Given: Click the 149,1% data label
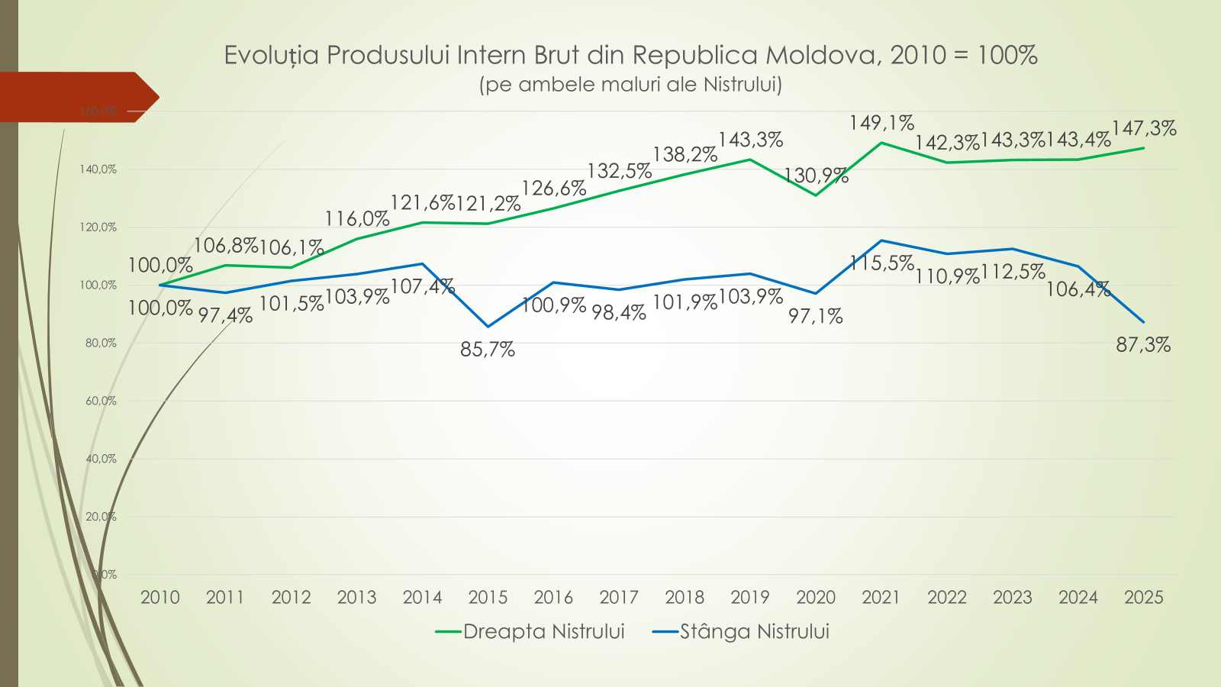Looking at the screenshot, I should tap(881, 123).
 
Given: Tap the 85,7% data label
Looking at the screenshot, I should tap(488, 350).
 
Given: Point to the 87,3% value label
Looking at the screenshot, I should tap(1143, 345).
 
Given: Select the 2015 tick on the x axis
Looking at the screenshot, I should tap(488, 598).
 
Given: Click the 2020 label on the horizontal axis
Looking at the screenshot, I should tap(816, 598).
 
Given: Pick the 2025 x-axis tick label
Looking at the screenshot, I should tap(1143, 598).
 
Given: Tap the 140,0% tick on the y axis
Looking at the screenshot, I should tap(98, 169).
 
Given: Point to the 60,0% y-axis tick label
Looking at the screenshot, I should tap(101, 401).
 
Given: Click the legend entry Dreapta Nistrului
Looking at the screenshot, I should tap(543, 632).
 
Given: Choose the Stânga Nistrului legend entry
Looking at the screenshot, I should tap(754, 632).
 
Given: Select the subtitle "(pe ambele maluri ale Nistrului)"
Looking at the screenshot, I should tap(630, 84).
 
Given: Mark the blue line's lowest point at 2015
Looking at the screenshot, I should tap(488, 327).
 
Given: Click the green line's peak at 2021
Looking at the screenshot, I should tap(881, 143).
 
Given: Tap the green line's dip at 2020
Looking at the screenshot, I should tap(816, 195).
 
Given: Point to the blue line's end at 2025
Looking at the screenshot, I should tap(1143, 321).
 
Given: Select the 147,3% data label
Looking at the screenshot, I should tap(1144, 128).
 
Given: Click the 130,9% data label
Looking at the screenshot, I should tap(816, 176).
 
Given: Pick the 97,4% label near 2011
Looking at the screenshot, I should tap(225, 315).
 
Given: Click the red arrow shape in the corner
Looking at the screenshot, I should tap(76, 97).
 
